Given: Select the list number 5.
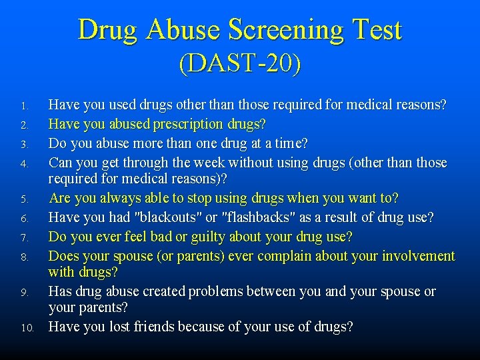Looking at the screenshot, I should (23, 199).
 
